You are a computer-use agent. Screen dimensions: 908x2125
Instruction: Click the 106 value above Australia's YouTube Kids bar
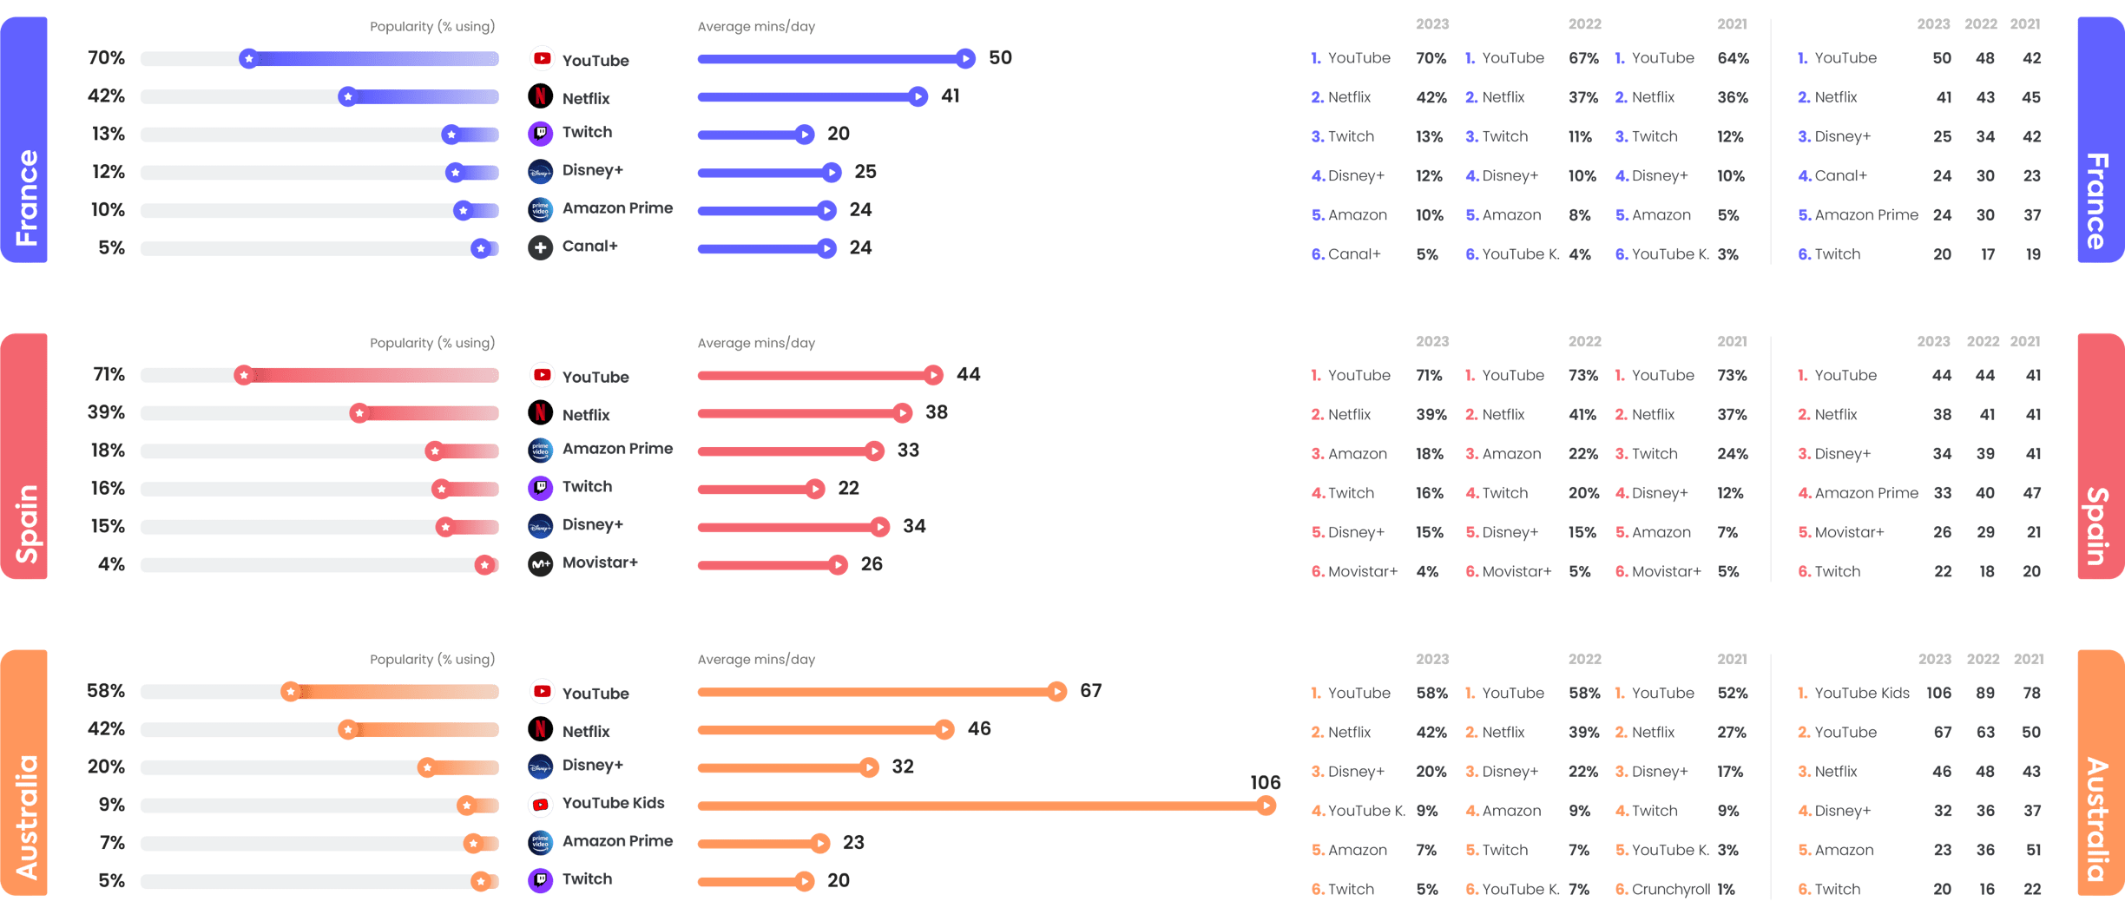1265,782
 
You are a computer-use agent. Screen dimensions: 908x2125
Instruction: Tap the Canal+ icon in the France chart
540,247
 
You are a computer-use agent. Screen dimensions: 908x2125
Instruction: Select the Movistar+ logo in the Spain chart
540,564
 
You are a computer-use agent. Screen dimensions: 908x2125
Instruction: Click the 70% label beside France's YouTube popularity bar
106,58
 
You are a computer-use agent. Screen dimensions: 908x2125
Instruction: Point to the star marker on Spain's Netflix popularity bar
359,413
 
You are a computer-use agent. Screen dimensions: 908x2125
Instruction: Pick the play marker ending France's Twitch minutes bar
805,135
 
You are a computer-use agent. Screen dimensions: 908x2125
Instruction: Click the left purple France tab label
26,197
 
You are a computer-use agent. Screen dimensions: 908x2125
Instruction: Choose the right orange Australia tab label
2098,818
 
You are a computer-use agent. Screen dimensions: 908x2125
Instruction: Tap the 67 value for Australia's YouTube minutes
1090,691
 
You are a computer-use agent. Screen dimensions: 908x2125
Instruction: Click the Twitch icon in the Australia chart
540,880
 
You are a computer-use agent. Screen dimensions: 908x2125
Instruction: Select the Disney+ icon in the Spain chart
540,526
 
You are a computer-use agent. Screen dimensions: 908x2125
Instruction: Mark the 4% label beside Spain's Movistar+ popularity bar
111,564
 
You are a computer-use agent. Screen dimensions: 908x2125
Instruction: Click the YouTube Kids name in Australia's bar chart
613,804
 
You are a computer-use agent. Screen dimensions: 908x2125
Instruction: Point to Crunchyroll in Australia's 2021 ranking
1670,889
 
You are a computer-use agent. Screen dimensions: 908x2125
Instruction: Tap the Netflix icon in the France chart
540,96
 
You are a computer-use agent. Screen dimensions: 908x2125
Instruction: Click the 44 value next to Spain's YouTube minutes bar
968,374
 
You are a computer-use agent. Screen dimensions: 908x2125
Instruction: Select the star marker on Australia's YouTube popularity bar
291,692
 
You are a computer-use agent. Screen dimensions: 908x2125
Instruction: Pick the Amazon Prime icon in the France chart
540,210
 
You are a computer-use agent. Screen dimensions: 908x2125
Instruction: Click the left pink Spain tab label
26,523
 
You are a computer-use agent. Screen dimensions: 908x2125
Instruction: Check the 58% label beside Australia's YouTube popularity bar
106,691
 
